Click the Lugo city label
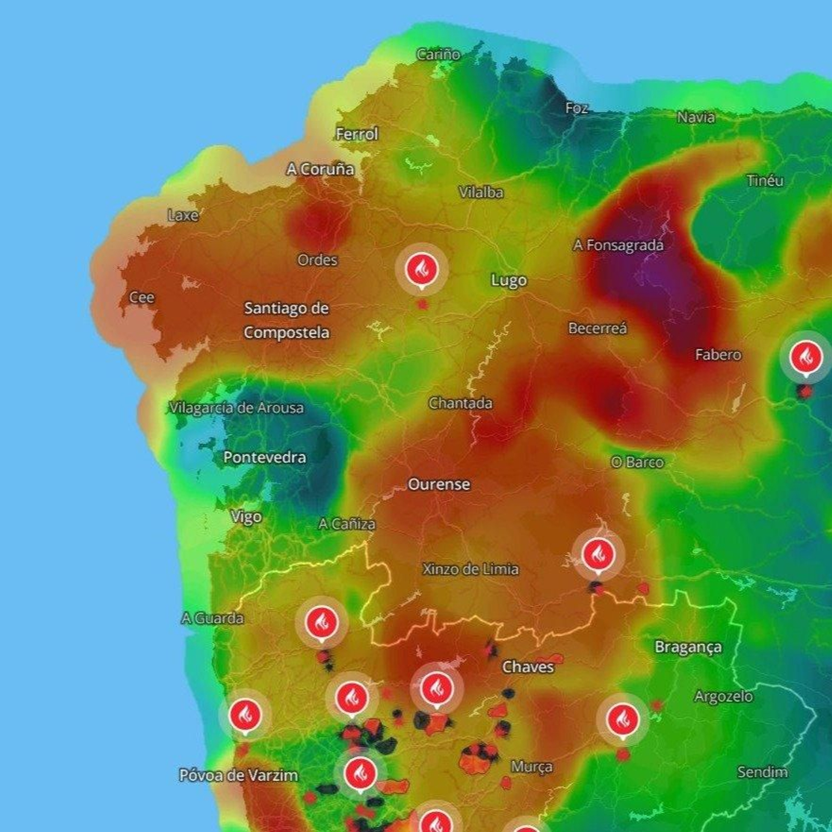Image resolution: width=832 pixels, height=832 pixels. click(x=509, y=280)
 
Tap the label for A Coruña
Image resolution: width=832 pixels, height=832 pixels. click(x=320, y=169)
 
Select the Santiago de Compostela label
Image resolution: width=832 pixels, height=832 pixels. click(x=287, y=320)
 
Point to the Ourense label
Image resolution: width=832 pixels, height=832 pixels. click(x=439, y=484)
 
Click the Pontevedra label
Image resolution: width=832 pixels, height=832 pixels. click(x=265, y=457)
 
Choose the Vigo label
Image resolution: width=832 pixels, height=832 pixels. click(x=246, y=516)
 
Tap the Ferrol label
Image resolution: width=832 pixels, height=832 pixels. click(x=357, y=134)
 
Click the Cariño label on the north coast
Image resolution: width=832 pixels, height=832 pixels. click(x=438, y=54)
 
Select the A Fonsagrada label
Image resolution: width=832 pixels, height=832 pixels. click(x=618, y=245)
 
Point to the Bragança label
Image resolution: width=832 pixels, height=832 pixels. click(x=688, y=647)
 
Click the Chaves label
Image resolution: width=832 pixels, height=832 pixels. click(x=528, y=667)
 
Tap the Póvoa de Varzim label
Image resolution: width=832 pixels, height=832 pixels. click(x=239, y=775)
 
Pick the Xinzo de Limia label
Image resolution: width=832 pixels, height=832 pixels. click(x=470, y=569)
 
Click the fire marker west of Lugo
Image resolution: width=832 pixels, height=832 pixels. click(x=422, y=269)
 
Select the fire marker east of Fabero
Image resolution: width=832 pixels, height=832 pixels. click(x=806, y=358)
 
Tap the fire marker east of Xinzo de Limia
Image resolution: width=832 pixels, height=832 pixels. click(x=598, y=554)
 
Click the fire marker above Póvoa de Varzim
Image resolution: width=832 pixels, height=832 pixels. click(x=245, y=715)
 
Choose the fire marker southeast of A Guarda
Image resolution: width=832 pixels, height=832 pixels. click(x=321, y=622)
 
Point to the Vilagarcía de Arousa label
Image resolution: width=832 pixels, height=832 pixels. click(x=237, y=408)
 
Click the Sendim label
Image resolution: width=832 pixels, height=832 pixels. click(x=762, y=772)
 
